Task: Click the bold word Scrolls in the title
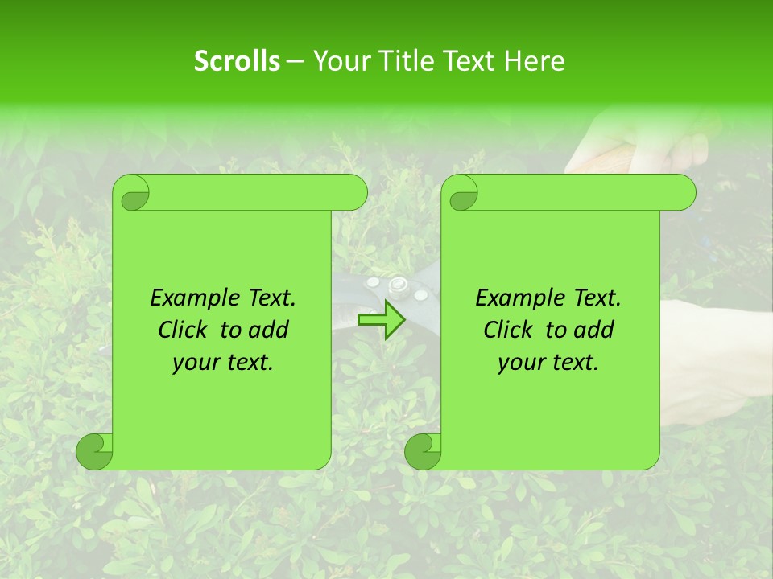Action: point(238,61)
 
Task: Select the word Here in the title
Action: point(534,61)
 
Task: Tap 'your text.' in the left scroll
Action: point(222,363)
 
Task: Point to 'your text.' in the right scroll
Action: point(548,363)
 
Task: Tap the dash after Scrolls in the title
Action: point(296,61)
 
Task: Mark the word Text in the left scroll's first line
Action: point(267,298)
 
